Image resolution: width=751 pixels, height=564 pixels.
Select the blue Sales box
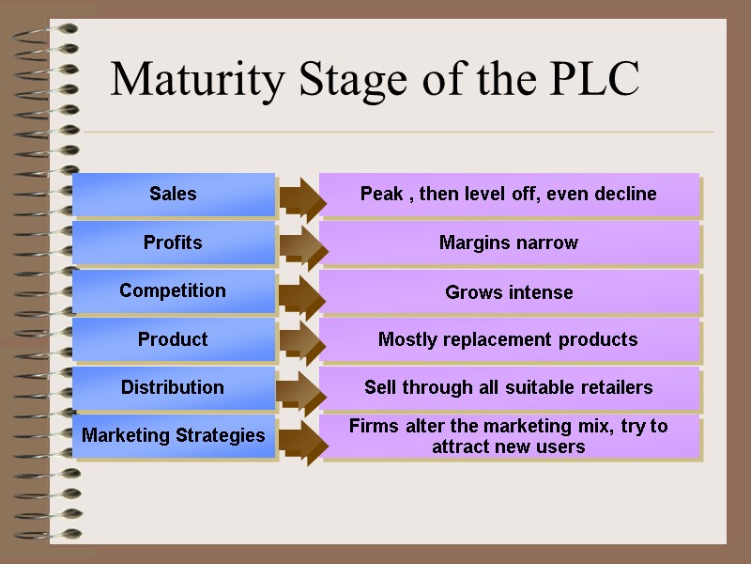(x=173, y=195)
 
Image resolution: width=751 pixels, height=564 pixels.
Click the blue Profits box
(x=173, y=243)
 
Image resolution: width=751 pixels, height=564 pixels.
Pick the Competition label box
(x=173, y=290)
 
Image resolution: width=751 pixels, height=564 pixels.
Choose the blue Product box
(x=173, y=339)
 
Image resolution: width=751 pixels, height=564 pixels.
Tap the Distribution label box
(x=173, y=387)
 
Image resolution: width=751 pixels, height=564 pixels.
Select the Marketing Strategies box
(x=173, y=436)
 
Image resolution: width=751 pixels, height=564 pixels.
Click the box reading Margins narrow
(x=509, y=243)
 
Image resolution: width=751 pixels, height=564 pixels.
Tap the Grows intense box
(x=509, y=292)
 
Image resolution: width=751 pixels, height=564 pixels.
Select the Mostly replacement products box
(x=509, y=340)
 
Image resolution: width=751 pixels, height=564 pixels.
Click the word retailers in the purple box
(x=614, y=387)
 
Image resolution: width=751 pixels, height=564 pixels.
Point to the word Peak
(x=381, y=195)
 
